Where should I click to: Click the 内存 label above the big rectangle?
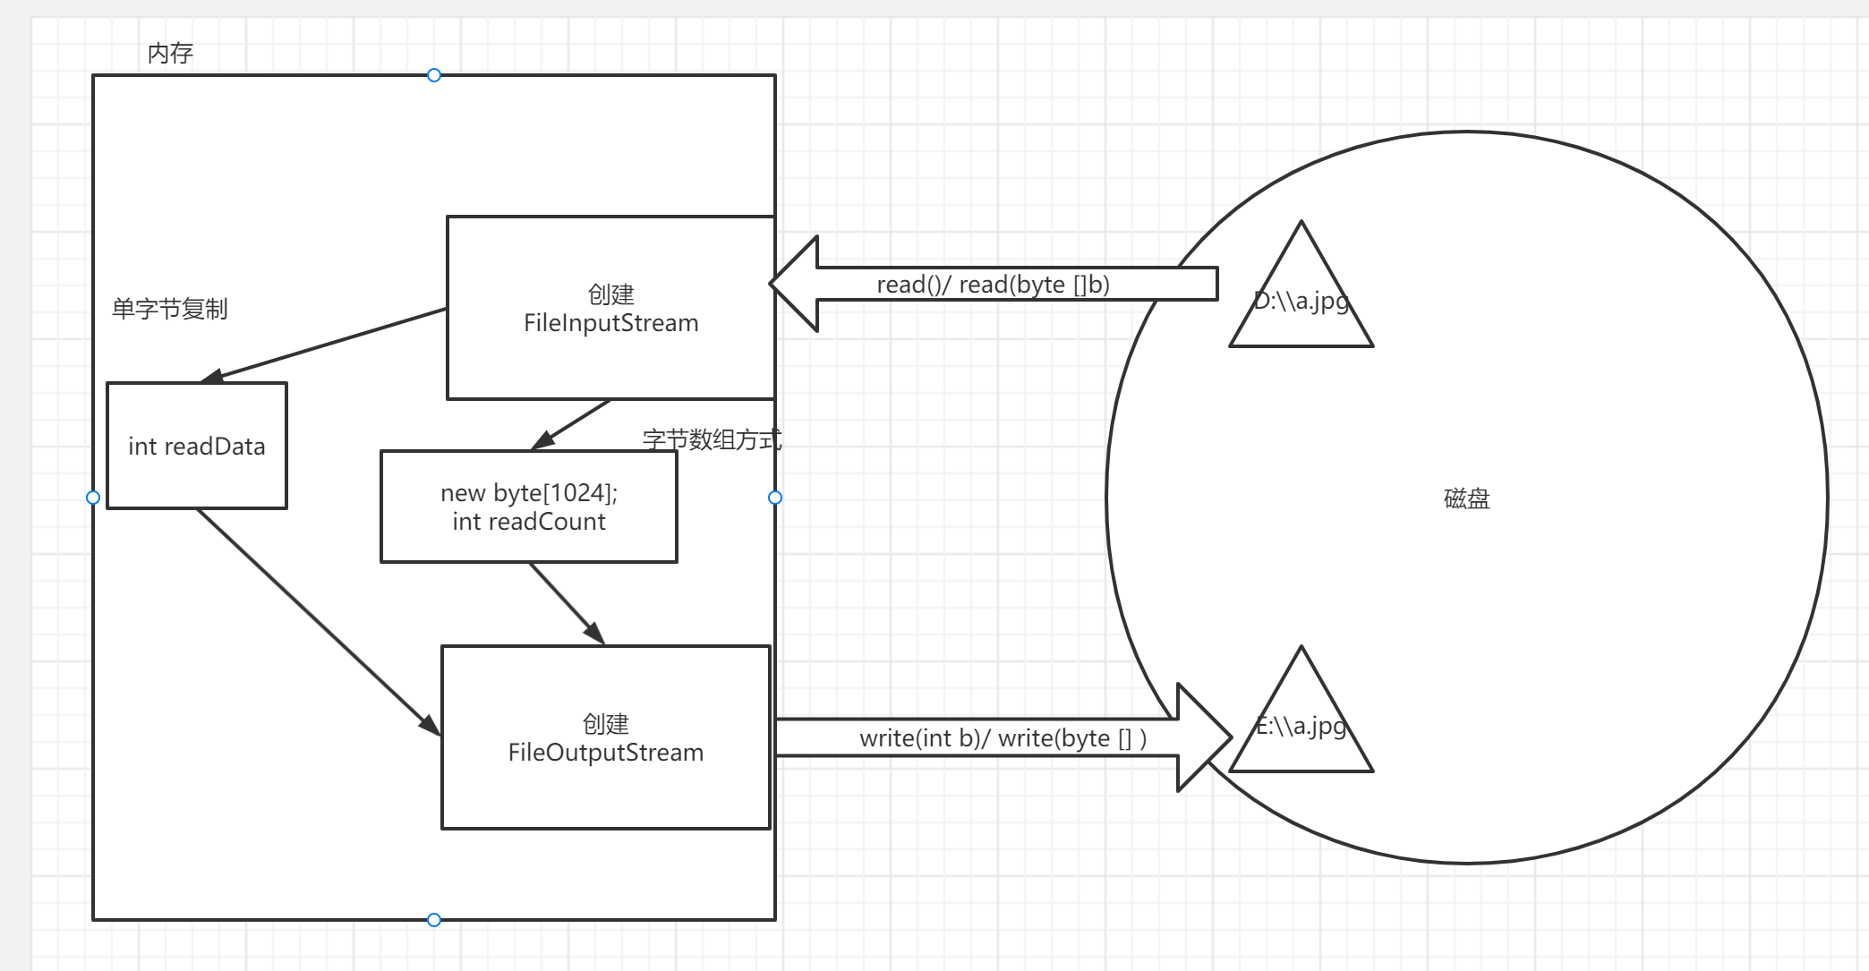pos(170,54)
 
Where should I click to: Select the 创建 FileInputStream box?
pos(610,308)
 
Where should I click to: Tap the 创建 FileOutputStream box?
pos(605,737)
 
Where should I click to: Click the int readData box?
pos(197,446)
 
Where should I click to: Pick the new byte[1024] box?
pos(528,507)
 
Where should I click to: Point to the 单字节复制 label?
pos(169,309)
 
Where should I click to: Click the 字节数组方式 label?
pos(712,439)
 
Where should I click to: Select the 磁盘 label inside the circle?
pos(1466,498)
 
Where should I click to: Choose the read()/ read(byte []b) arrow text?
pos(993,285)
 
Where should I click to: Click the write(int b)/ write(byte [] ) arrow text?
pos(1003,738)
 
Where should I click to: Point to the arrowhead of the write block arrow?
pos(1204,737)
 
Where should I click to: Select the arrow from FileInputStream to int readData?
pos(331,344)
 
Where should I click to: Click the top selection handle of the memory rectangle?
pos(434,75)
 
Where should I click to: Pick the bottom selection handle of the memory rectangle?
pos(434,920)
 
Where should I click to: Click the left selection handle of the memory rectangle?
pos(93,498)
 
